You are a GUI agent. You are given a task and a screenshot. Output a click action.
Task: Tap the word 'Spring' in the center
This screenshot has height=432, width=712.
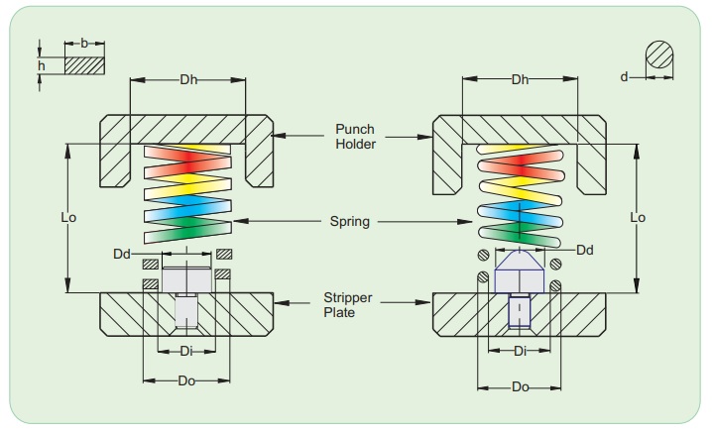[x=351, y=222]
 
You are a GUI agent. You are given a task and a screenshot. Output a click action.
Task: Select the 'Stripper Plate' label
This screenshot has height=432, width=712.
[x=347, y=303]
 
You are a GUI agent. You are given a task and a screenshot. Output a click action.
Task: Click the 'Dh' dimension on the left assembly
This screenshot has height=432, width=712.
[x=188, y=79]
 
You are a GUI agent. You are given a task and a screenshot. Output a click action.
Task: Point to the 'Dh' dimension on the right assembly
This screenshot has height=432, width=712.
[x=520, y=79]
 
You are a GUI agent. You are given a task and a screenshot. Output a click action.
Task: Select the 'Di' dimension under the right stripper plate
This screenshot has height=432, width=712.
[x=520, y=351]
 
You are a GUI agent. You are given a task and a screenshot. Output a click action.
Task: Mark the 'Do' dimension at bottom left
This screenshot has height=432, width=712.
[x=186, y=380]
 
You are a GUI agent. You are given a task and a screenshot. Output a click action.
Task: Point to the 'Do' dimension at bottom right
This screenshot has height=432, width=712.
[x=520, y=386]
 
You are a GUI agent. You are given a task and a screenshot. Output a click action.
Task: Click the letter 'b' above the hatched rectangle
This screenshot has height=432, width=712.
[x=84, y=45]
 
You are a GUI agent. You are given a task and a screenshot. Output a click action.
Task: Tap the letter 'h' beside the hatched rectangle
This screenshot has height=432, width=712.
[x=41, y=65]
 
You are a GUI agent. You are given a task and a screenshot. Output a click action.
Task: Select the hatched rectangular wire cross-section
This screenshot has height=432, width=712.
[x=84, y=65]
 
